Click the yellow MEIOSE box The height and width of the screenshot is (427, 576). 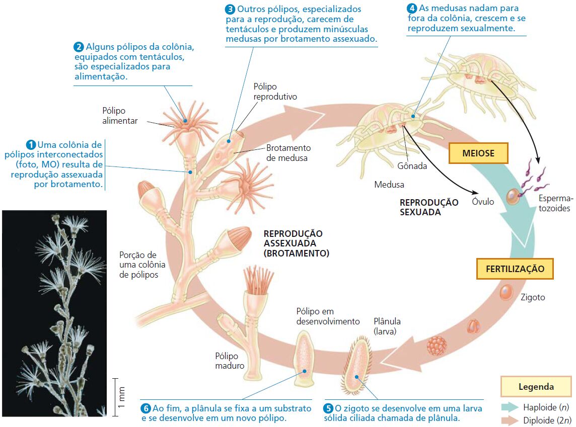(x=478, y=153)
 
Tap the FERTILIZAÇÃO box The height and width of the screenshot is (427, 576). (x=515, y=269)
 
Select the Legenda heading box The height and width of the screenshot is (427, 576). (x=536, y=387)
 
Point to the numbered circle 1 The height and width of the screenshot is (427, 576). (x=32, y=145)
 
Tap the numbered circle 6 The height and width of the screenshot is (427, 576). (x=146, y=408)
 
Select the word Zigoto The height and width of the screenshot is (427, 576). (x=533, y=297)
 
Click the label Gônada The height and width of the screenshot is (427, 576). (x=412, y=165)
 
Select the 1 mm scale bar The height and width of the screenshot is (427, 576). (x=115, y=397)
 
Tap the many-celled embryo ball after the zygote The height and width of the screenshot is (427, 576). (x=437, y=346)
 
